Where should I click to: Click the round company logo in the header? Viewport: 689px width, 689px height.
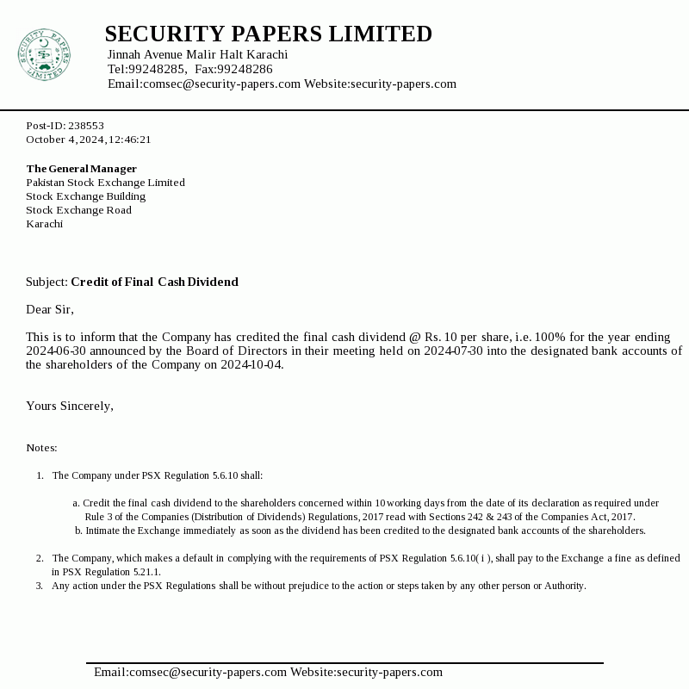pyautogui.click(x=43, y=54)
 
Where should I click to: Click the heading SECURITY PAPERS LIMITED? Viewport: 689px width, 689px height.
pyautogui.click(x=268, y=34)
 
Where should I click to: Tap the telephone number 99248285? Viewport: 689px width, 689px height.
pyautogui.click(x=157, y=69)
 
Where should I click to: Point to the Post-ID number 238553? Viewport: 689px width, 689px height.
pyautogui.click(x=86, y=126)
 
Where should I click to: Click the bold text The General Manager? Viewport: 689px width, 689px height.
pyautogui.click(x=81, y=169)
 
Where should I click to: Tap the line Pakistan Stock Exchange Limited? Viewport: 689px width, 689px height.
pyautogui.click(x=105, y=183)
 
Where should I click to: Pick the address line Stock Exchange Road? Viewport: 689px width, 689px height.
pyautogui.click(x=78, y=210)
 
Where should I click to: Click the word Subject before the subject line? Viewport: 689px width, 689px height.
pyautogui.click(x=46, y=282)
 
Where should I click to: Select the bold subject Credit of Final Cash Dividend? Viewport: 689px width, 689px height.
pyautogui.click(x=154, y=282)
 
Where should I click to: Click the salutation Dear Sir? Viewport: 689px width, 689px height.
pyautogui.click(x=49, y=309)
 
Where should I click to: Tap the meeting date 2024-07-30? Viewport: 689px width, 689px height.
pyautogui.click(x=458, y=351)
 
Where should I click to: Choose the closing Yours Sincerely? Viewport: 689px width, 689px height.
pyautogui.click(x=69, y=406)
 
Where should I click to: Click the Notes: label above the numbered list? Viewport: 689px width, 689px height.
pyautogui.click(x=41, y=448)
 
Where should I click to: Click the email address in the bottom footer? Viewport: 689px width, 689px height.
pyautogui.click(x=189, y=672)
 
